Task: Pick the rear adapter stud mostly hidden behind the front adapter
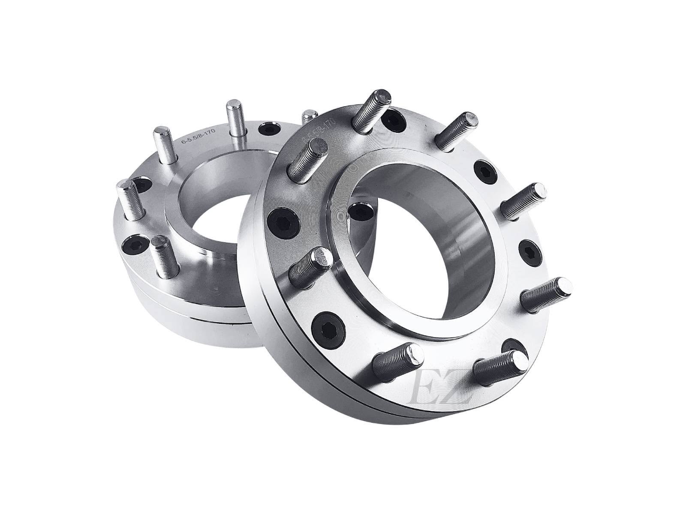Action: tap(307, 117)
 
